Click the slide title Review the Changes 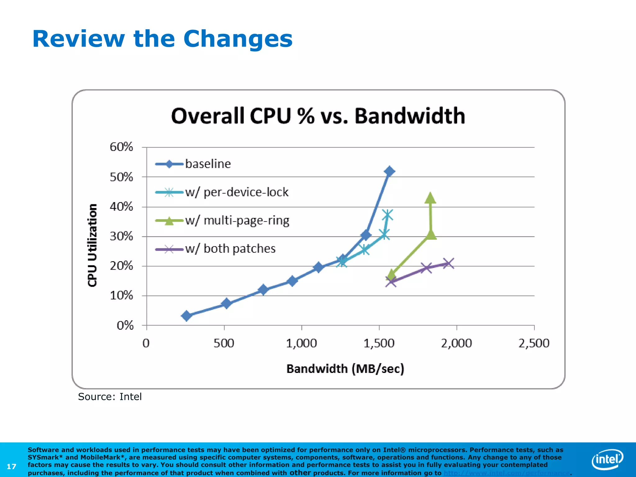(162, 39)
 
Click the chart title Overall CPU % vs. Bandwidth (318, 116)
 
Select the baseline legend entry (208, 164)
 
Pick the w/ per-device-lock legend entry (237, 192)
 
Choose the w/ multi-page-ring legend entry (237, 220)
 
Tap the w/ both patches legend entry (230, 249)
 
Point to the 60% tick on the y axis (121, 147)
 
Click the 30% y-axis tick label (121, 236)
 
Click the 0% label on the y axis (125, 325)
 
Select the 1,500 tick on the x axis (379, 343)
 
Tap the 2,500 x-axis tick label (534, 343)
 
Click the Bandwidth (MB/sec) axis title (345, 369)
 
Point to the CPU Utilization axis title (92, 245)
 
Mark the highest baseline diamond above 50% (389, 171)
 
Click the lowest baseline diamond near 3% (186, 316)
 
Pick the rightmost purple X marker (448, 264)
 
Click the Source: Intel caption (110, 397)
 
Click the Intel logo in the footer (607, 459)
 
